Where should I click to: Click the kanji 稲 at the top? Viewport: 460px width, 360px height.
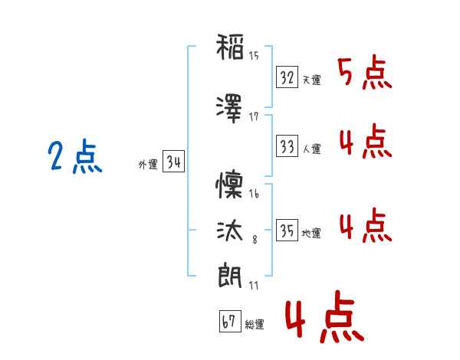pyautogui.click(x=230, y=47)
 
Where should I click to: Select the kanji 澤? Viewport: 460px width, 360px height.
pyautogui.click(x=229, y=109)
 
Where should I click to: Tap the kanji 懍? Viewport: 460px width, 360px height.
pyautogui.click(x=229, y=185)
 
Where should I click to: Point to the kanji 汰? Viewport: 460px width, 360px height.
pyautogui.click(x=230, y=231)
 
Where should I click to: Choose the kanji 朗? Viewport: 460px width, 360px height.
pyautogui.click(x=230, y=276)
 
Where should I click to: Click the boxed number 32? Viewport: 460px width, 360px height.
pyautogui.click(x=287, y=77)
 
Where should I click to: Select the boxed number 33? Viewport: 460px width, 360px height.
pyautogui.click(x=287, y=146)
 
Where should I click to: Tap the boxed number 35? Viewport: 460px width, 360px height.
pyautogui.click(x=287, y=230)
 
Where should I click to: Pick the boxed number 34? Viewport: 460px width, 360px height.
pyautogui.click(x=174, y=162)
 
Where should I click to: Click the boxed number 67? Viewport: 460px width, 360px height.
pyautogui.click(x=230, y=321)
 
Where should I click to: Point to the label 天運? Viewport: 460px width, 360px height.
pyautogui.click(x=311, y=80)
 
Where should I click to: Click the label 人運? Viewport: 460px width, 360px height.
pyautogui.click(x=311, y=149)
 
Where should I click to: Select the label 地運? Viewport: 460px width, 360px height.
pyautogui.click(x=311, y=233)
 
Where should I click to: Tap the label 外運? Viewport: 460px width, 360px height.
pyautogui.click(x=148, y=165)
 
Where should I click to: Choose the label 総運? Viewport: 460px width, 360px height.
pyautogui.click(x=255, y=324)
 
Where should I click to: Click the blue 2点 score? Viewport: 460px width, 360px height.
pyautogui.click(x=75, y=156)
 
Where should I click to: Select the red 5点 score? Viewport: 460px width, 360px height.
pyautogui.click(x=365, y=72)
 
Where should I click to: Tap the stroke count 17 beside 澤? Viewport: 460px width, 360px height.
pyautogui.click(x=254, y=117)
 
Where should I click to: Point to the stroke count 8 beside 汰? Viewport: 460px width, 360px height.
pyautogui.click(x=255, y=240)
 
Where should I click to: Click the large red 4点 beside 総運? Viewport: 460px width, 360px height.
pyautogui.click(x=325, y=316)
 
